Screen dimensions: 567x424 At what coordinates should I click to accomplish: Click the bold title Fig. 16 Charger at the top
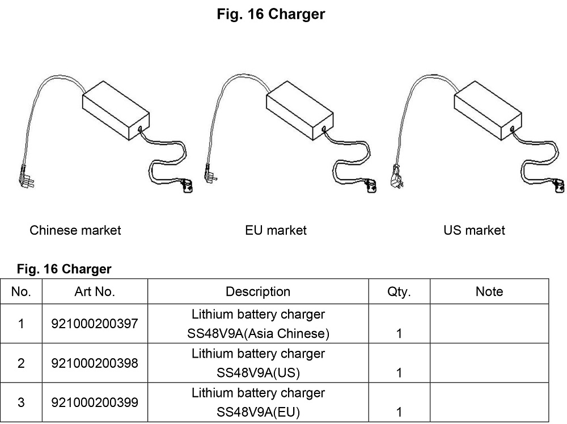click(271, 14)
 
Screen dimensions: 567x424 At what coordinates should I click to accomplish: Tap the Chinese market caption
click(75, 230)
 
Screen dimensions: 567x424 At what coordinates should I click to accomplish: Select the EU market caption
click(276, 230)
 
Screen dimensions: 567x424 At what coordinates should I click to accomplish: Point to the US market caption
click(474, 230)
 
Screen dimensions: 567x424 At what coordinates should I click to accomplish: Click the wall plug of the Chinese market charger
click(26, 178)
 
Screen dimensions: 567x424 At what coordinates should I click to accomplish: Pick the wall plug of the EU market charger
click(210, 174)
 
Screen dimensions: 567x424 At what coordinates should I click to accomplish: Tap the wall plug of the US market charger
click(397, 177)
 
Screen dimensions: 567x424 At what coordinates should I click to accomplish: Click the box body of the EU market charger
click(299, 111)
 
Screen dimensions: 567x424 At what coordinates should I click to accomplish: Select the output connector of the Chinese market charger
click(187, 186)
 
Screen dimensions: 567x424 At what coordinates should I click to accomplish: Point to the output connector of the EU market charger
click(371, 186)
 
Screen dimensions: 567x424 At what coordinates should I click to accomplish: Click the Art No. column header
click(95, 292)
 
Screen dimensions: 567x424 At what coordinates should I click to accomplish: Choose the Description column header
click(258, 292)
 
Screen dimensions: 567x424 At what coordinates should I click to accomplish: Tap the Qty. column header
click(399, 292)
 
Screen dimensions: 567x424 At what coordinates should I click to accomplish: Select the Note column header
click(489, 292)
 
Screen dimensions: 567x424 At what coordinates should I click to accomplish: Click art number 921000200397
click(94, 324)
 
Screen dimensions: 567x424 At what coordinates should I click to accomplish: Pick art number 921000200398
click(94, 363)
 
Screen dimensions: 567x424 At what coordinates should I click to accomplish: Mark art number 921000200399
click(94, 402)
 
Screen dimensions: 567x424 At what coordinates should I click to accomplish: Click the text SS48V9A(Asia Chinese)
click(258, 333)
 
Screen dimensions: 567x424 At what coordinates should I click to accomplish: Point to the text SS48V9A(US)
click(258, 372)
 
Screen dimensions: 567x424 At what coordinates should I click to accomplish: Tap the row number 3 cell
click(21, 402)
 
